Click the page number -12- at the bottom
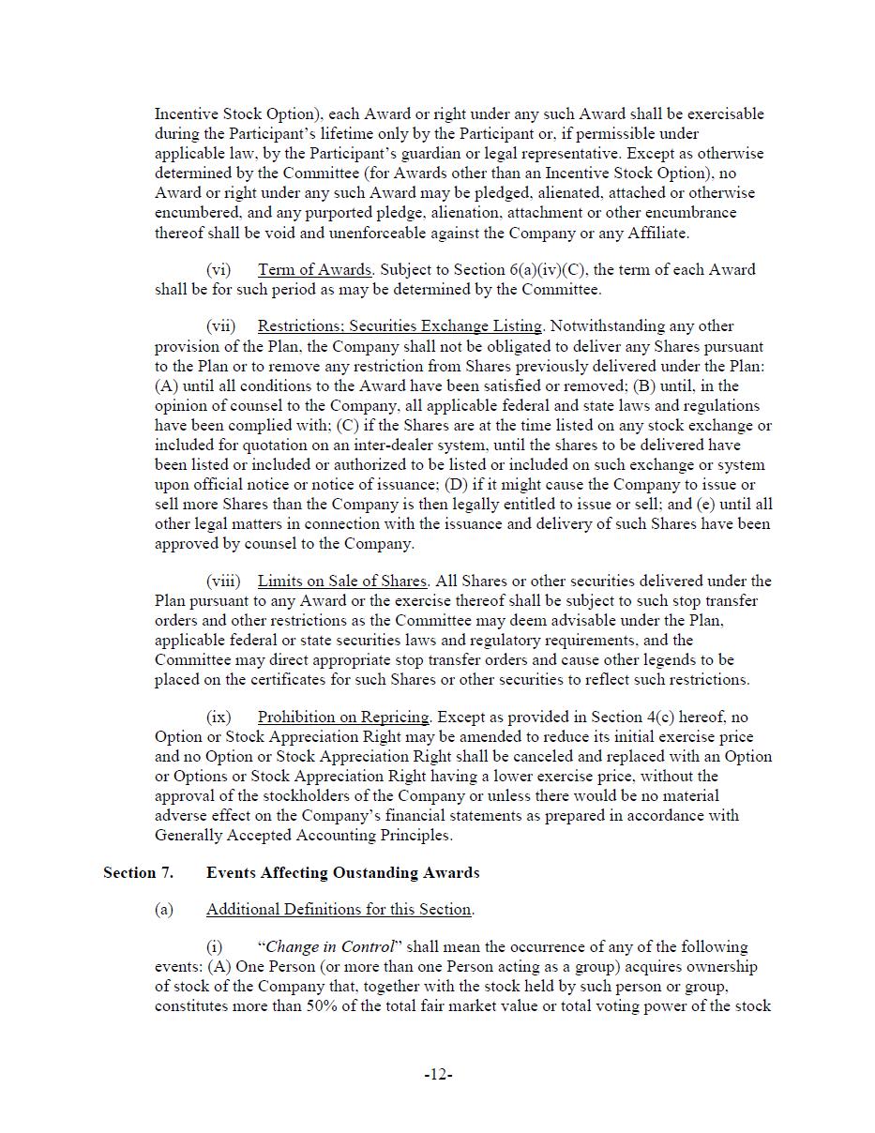point(438,1075)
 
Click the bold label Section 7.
point(138,873)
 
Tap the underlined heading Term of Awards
point(314,270)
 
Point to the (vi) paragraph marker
point(219,270)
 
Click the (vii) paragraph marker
point(221,326)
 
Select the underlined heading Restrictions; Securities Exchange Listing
point(400,326)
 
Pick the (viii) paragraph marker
point(223,582)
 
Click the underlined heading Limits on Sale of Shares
point(342,582)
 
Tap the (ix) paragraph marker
point(219,718)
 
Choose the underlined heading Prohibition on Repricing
point(343,718)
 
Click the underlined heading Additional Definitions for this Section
point(339,910)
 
